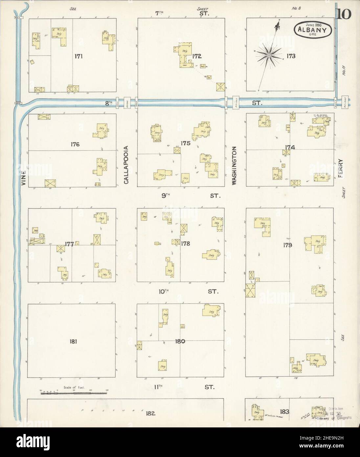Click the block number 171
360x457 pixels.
click(x=78, y=56)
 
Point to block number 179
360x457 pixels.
click(x=289, y=245)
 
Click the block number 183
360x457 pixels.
click(x=284, y=411)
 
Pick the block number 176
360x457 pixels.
click(x=75, y=144)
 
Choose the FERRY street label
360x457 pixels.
click(x=340, y=169)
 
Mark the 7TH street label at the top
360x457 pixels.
click(x=159, y=13)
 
